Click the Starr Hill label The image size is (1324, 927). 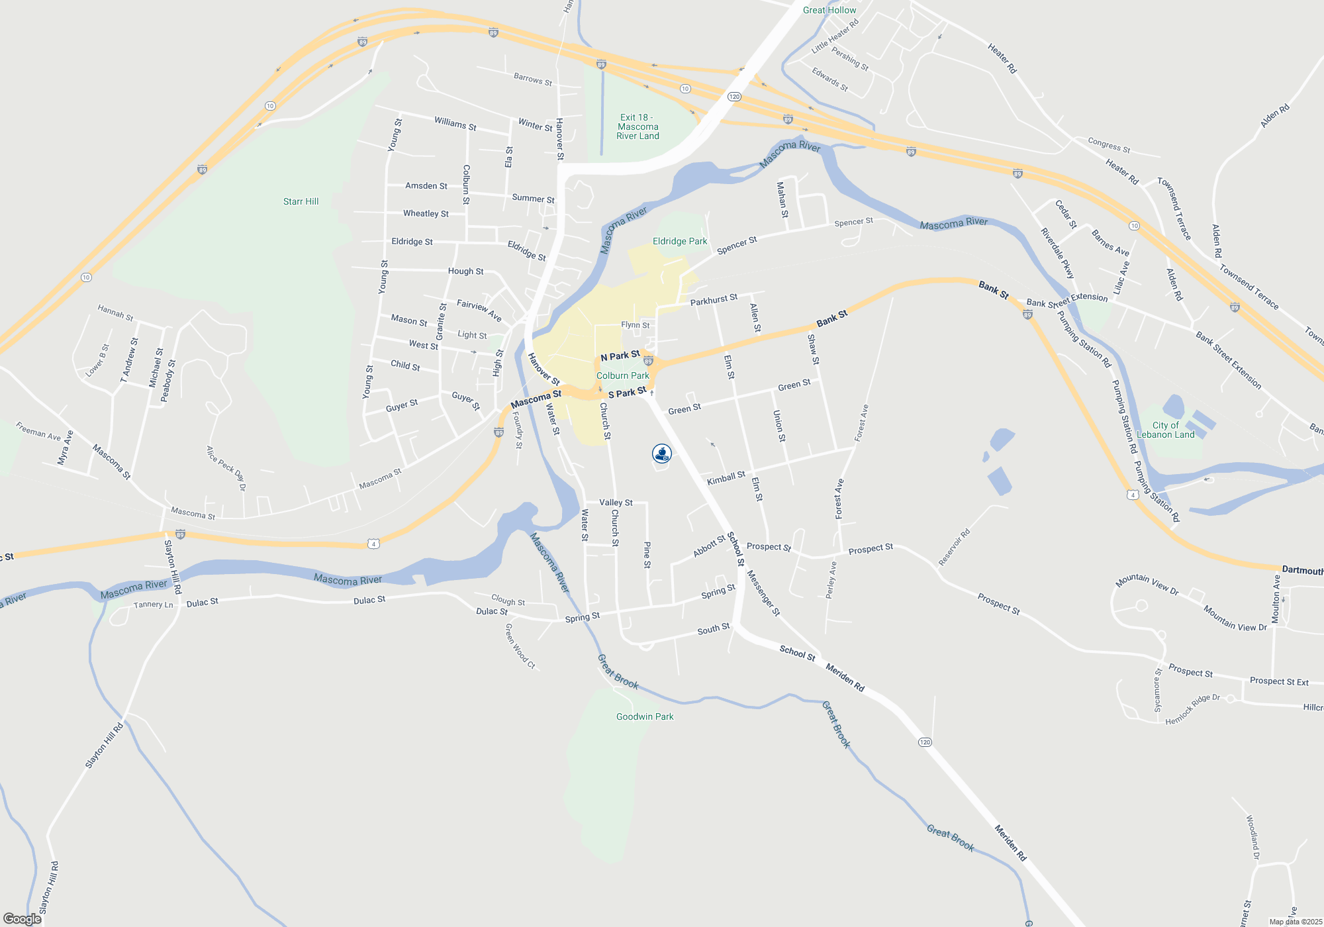coord(301,201)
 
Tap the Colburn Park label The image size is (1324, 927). coord(622,375)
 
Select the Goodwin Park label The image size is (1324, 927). coord(644,716)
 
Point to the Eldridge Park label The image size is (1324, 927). coord(679,241)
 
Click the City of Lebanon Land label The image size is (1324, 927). coord(1165,430)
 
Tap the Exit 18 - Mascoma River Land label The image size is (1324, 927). coord(638,126)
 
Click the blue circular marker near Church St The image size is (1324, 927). coord(661,454)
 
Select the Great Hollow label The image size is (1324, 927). coord(829,10)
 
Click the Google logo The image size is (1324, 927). coord(22,918)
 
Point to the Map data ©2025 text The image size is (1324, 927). coord(1295,922)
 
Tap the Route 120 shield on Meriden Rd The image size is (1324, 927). coord(925,742)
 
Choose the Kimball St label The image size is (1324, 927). coord(726,478)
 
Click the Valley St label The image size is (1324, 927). coord(616,503)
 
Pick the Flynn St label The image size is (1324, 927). coord(635,325)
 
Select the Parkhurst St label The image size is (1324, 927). coord(714,300)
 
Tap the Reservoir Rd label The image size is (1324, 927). coord(954,547)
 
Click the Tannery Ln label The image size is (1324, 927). coord(153,605)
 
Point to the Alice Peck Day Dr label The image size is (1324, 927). coord(226,468)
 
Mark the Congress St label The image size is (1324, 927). coord(1109,145)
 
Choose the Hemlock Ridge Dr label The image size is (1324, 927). coord(1192,710)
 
